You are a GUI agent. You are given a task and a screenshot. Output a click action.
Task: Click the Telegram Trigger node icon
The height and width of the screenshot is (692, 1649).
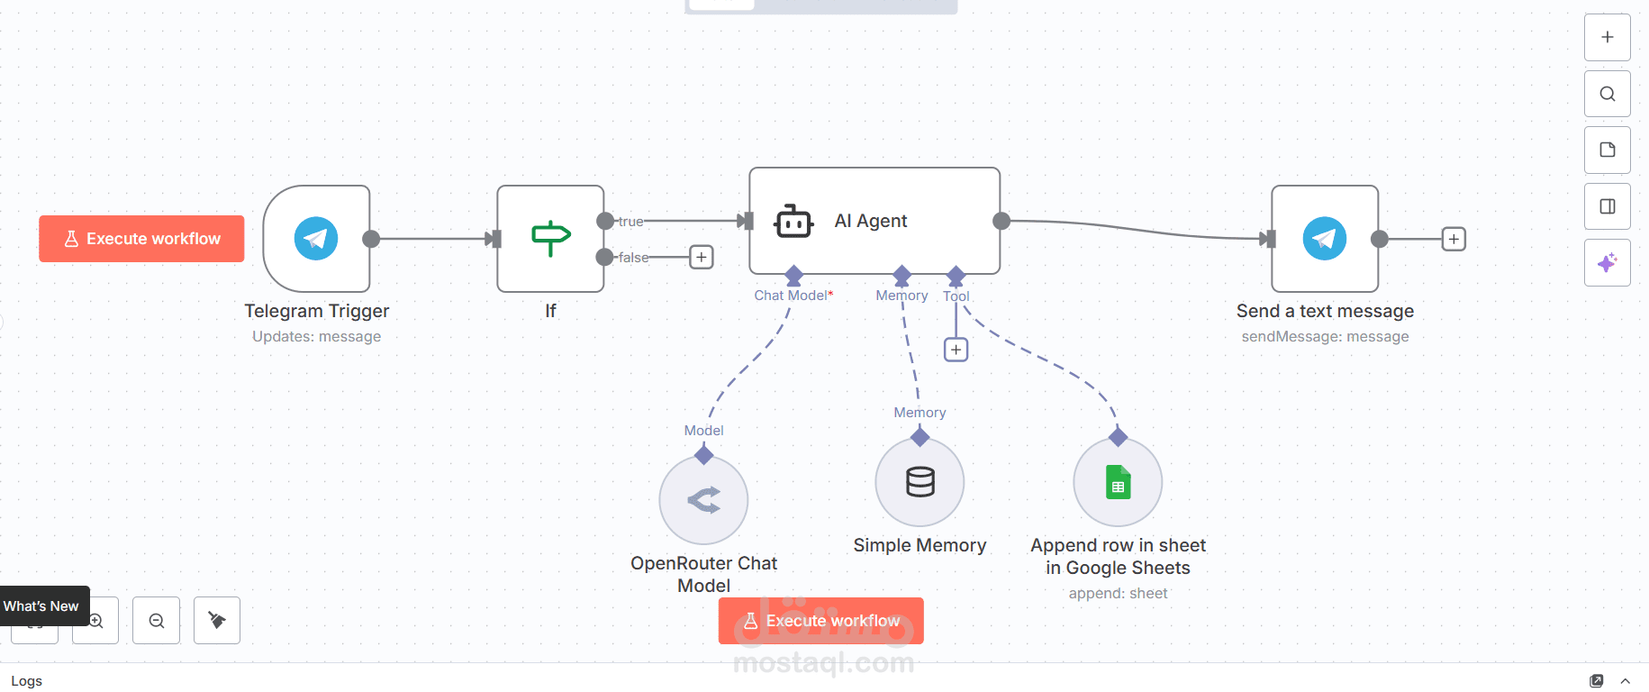pyautogui.click(x=316, y=239)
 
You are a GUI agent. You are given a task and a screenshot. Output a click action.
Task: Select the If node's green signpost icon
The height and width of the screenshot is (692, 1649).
pyautogui.click(x=550, y=238)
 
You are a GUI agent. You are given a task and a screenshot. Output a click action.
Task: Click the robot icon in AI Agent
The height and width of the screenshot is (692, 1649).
pyautogui.click(x=793, y=221)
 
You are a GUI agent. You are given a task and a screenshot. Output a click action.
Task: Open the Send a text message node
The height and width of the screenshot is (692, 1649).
pyautogui.click(x=1324, y=239)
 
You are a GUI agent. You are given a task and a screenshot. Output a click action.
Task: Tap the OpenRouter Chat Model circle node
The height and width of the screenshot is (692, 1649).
pyautogui.click(x=703, y=500)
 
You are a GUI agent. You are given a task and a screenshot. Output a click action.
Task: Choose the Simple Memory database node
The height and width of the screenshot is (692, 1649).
pyautogui.click(x=920, y=482)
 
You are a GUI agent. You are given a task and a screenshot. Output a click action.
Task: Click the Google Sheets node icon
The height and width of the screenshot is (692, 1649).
pyautogui.click(x=1118, y=482)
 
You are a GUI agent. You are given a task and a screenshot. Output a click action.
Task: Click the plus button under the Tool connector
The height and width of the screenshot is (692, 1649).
pyautogui.click(x=956, y=350)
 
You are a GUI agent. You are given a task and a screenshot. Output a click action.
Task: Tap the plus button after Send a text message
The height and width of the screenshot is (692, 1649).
pyautogui.click(x=1454, y=239)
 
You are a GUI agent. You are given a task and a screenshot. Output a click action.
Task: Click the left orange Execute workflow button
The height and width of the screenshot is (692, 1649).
pyautogui.click(x=141, y=239)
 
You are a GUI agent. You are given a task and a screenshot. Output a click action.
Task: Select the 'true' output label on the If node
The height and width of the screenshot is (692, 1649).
pyautogui.click(x=630, y=221)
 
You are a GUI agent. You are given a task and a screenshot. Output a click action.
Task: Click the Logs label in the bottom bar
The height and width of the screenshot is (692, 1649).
pyautogui.click(x=27, y=681)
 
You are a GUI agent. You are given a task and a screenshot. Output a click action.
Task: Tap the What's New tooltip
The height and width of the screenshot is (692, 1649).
pyautogui.click(x=41, y=605)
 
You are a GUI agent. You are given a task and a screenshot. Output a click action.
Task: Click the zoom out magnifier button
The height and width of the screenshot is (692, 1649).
pyautogui.click(x=156, y=621)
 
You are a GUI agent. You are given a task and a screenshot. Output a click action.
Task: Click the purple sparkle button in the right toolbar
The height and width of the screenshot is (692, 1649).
pyautogui.click(x=1607, y=263)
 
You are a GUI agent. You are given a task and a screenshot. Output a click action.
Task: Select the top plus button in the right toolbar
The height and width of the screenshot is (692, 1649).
pyautogui.click(x=1607, y=37)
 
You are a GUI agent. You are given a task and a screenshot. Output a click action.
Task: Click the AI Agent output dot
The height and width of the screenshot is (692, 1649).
pyautogui.click(x=1001, y=221)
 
